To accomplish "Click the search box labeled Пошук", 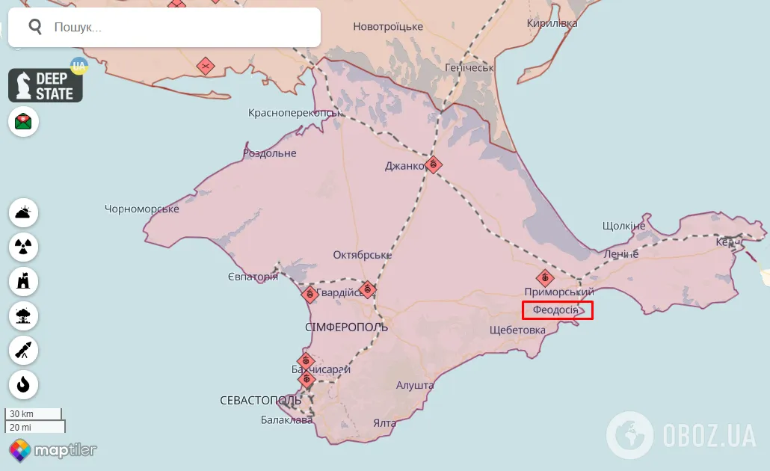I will (164, 28).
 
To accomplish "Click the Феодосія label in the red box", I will (556, 310).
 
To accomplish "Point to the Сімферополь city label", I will (346, 327).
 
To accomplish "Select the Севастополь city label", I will (261, 401).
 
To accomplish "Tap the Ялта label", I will (384, 423).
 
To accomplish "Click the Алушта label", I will (415, 385).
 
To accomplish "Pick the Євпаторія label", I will (253, 277).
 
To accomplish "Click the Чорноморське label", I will (142, 209).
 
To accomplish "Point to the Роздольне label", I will (270, 153).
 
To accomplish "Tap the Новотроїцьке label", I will (388, 27).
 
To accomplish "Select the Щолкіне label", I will (623, 226).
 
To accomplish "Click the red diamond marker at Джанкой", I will (434, 164).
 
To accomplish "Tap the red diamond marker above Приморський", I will (546, 278).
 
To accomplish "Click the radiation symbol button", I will (24, 247).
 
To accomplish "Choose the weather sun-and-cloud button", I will (24, 212).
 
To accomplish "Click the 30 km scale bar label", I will (22, 414).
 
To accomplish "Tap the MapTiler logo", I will (53, 450).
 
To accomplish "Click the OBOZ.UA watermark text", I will (709, 435).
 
